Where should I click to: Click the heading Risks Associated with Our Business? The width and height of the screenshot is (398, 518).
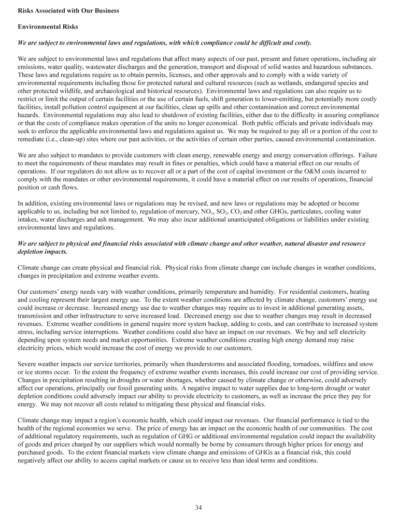pyautogui.click(x=68, y=11)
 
